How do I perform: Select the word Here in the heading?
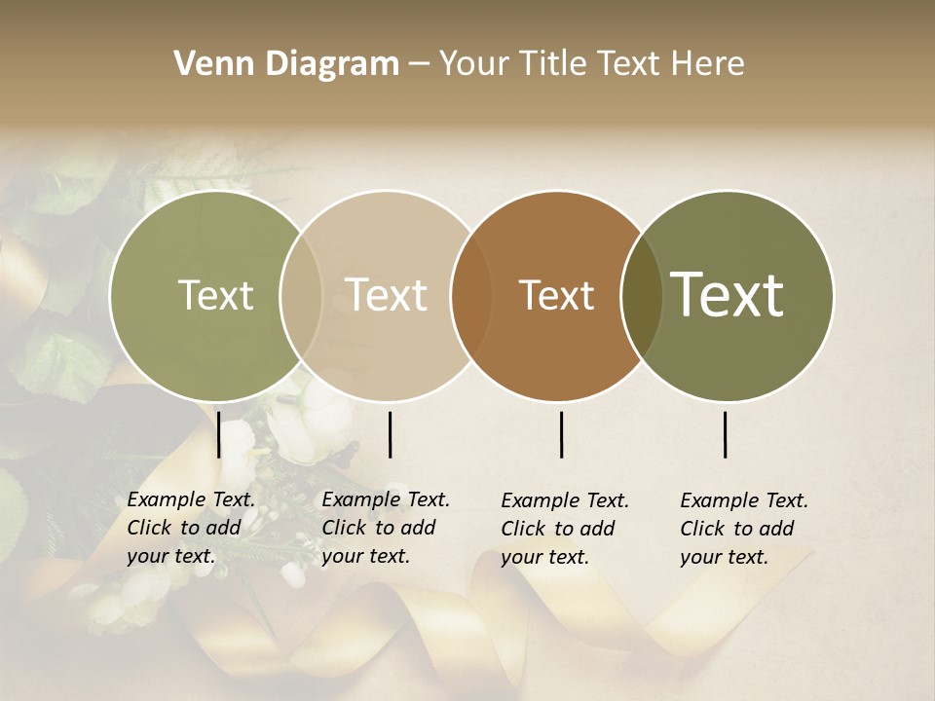[708, 64]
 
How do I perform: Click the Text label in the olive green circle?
[215, 296]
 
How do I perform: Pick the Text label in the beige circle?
[387, 296]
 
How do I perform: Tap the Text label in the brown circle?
[556, 296]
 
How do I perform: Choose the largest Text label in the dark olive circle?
[728, 295]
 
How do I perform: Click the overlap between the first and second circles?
[301, 296]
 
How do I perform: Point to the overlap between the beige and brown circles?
[470, 296]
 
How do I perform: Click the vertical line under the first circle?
[218, 434]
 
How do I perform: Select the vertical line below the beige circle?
[390, 434]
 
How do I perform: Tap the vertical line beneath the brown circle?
[561, 434]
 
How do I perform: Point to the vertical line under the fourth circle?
[725, 434]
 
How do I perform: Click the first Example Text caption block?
[191, 528]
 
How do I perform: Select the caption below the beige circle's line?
[386, 528]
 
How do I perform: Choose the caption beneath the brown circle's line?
[565, 529]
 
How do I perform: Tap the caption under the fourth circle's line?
[744, 529]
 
